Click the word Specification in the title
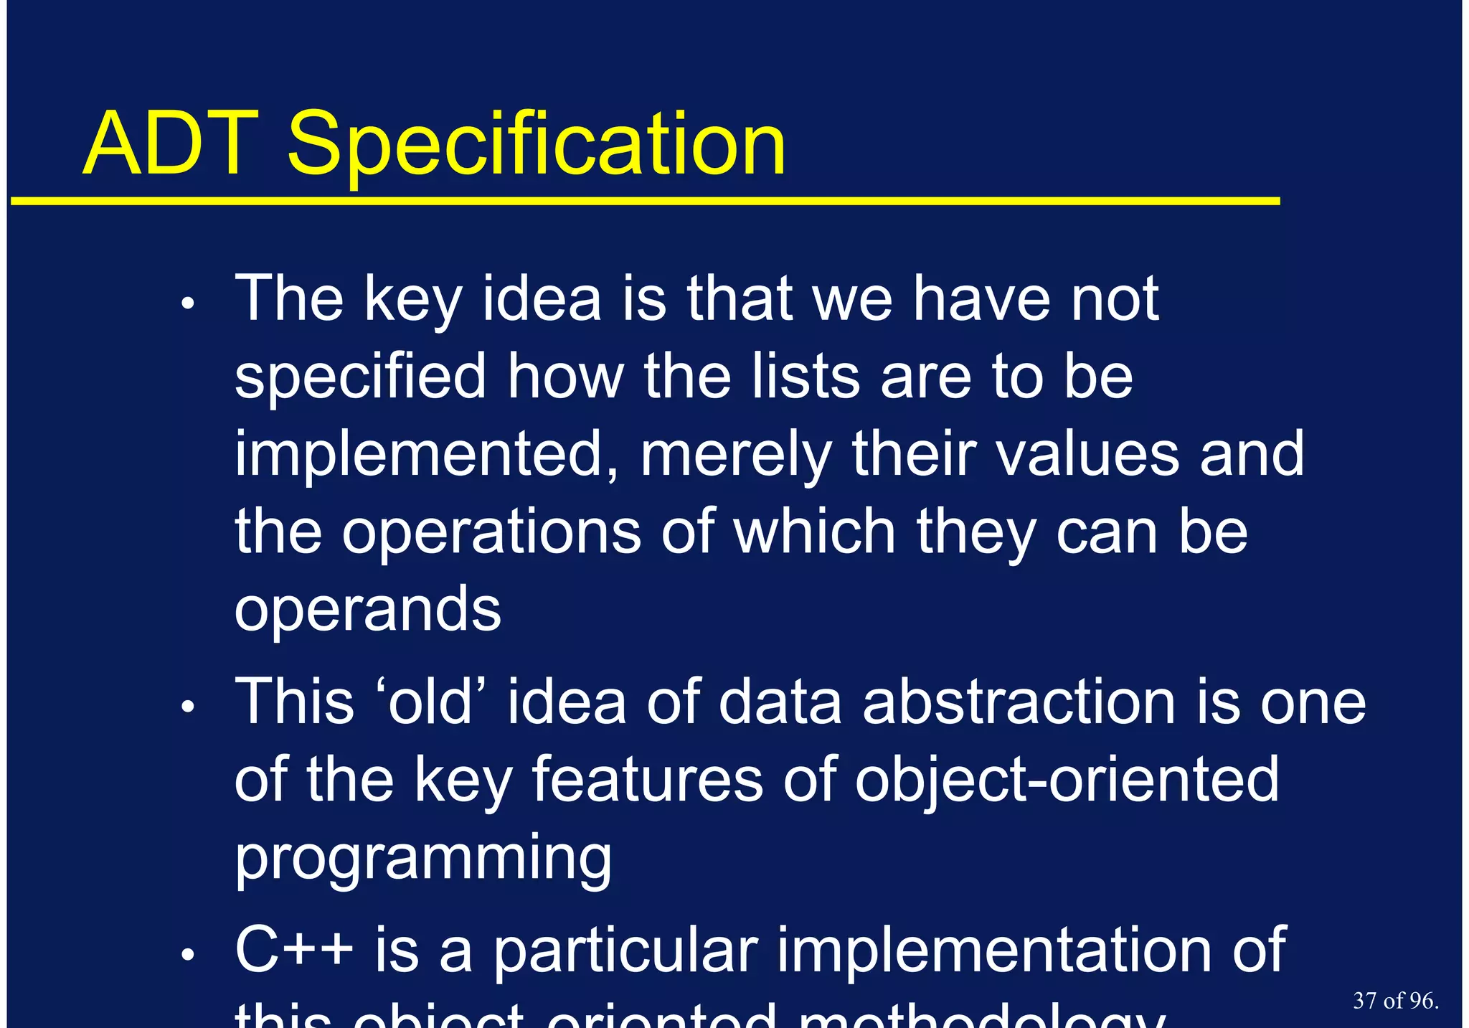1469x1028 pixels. [x=536, y=147]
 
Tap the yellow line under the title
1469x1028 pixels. [x=646, y=202]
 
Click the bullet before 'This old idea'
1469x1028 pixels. [x=188, y=707]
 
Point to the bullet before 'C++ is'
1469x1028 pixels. [x=188, y=955]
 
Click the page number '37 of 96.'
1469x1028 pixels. [x=1395, y=1001]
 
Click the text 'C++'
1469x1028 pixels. [x=294, y=950]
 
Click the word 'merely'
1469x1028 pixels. [x=735, y=456]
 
